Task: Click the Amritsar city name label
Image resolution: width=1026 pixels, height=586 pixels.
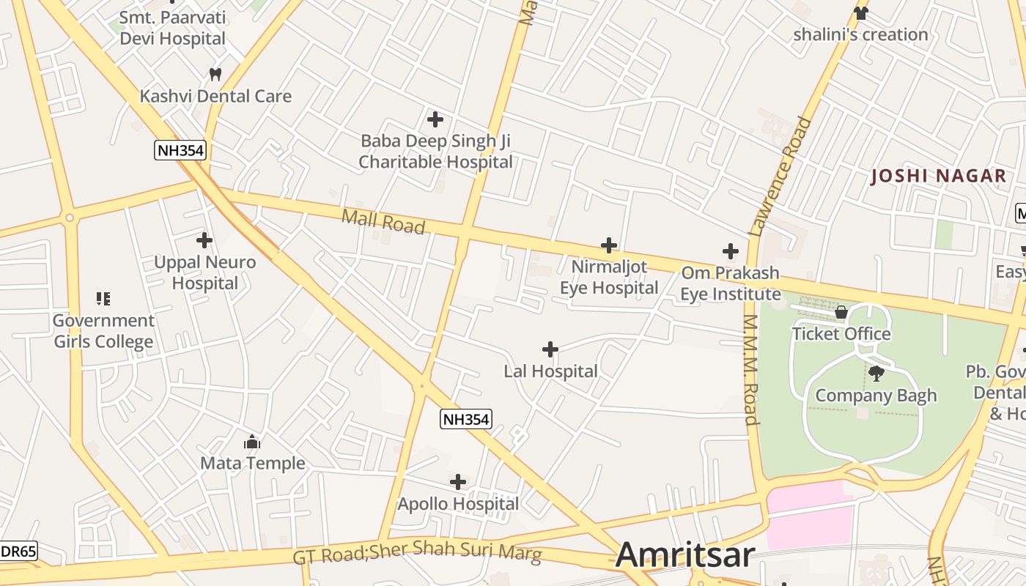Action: click(x=684, y=555)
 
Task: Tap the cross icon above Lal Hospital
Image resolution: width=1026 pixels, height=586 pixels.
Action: click(x=550, y=349)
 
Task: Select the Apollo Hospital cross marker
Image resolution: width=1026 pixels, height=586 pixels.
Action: click(x=458, y=482)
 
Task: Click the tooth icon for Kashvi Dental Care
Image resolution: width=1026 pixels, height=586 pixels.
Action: click(x=215, y=74)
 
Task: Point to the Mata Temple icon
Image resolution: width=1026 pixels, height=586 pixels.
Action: click(x=252, y=442)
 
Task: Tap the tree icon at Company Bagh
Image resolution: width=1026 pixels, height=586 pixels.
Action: click(x=876, y=374)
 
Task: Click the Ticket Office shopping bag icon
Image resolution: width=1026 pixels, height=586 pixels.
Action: click(x=841, y=313)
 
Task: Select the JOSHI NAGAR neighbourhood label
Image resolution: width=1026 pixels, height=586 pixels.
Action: click(x=938, y=176)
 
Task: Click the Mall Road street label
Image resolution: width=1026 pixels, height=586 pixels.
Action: click(x=383, y=220)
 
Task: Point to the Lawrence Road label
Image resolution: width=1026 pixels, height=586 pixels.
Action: click(x=781, y=176)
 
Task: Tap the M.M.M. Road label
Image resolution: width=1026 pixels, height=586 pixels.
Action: click(x=750, y=370)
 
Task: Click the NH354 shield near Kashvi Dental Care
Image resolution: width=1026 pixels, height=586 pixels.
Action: click(x=180, y=151)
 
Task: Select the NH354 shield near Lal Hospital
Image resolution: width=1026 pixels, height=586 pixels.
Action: click(x=465, y=419)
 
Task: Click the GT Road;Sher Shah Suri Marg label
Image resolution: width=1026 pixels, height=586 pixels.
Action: click(x=418, y=552)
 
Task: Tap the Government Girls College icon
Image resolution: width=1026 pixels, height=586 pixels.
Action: click(x=103, y=298)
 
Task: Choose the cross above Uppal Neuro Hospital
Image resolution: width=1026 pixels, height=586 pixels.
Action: click(x=204, y=240)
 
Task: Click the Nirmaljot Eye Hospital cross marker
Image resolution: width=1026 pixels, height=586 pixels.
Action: click(x=608, y=245)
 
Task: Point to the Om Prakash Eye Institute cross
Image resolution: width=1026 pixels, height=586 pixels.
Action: click(x=730, y=251)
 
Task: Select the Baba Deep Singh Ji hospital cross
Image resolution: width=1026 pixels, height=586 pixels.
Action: click(x=435, y=119)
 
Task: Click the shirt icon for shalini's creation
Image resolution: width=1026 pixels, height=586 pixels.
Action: click(x=860, y=12)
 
